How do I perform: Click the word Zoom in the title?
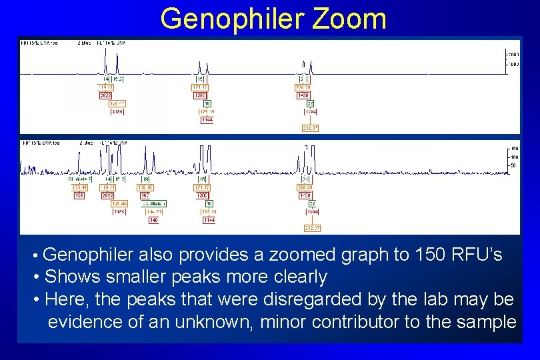tap(348, 19)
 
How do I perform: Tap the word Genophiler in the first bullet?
tap(89, 255)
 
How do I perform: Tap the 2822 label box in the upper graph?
tap(106, 95)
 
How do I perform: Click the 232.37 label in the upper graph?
tap(311, 128)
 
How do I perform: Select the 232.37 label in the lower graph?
tap(311, 228)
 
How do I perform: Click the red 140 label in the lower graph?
tap(153, 220)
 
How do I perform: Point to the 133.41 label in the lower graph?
tap(79, 187)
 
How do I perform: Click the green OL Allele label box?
tap(154, 203)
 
